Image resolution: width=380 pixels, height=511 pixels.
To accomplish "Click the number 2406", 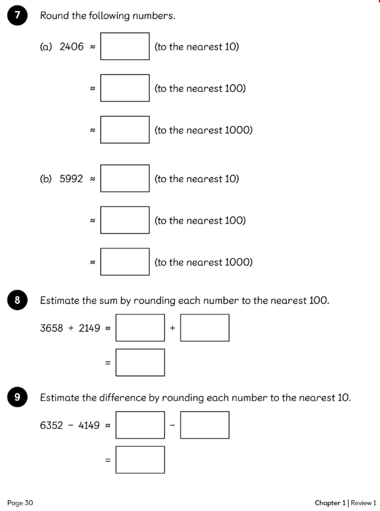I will coord(72,47).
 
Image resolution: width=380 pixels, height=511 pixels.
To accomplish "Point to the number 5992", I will coord(71,179).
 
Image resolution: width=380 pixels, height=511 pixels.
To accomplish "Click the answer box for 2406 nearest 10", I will coord(124,46).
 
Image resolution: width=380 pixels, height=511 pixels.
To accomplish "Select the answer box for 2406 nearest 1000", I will coord(124,129).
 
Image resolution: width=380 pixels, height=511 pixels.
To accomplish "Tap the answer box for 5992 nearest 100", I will coord(124,220).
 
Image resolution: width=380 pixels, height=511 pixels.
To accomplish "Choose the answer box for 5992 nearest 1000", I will coord(124,262).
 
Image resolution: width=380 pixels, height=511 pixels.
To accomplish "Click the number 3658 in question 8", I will coord(52,328).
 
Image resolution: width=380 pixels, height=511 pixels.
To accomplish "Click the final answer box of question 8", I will coord(140,362).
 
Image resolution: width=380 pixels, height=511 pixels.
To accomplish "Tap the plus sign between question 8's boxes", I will coord(172,328).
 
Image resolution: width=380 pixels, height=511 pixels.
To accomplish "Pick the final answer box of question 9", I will coord(140,459).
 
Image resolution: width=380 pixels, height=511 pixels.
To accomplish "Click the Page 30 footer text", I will coord(20,502).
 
